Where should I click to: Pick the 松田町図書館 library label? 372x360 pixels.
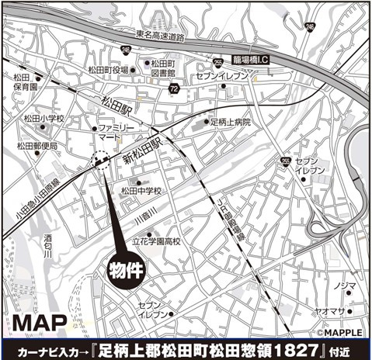click(161, 71)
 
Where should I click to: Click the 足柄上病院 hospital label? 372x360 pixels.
click(231, 122)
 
